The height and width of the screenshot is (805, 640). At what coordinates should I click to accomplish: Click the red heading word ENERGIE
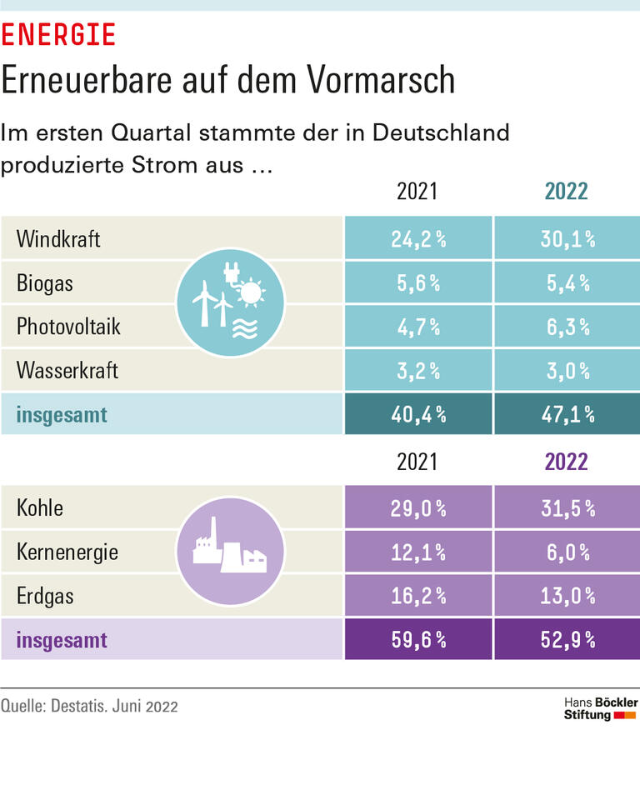[x=57, y=35]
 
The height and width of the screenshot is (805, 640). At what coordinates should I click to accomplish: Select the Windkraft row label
[x=58, y=239]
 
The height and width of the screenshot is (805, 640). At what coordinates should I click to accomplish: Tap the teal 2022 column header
[x=566, y=191]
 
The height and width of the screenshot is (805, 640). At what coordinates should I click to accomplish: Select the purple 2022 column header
[x=566, y=462]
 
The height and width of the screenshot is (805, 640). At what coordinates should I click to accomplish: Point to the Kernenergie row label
[x=67, y=552]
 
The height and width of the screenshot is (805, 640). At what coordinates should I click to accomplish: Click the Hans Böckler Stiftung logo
[x=600, y=709]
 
